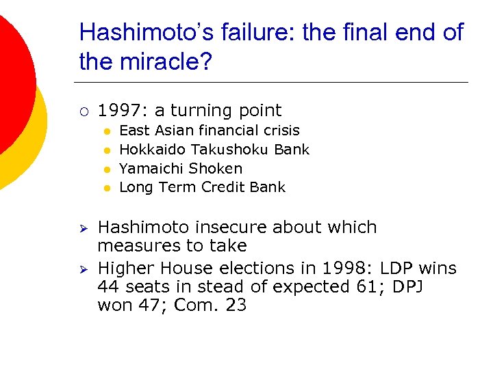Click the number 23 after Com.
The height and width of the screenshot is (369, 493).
[236, 305]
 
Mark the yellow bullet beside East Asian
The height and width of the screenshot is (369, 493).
[107, 131]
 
